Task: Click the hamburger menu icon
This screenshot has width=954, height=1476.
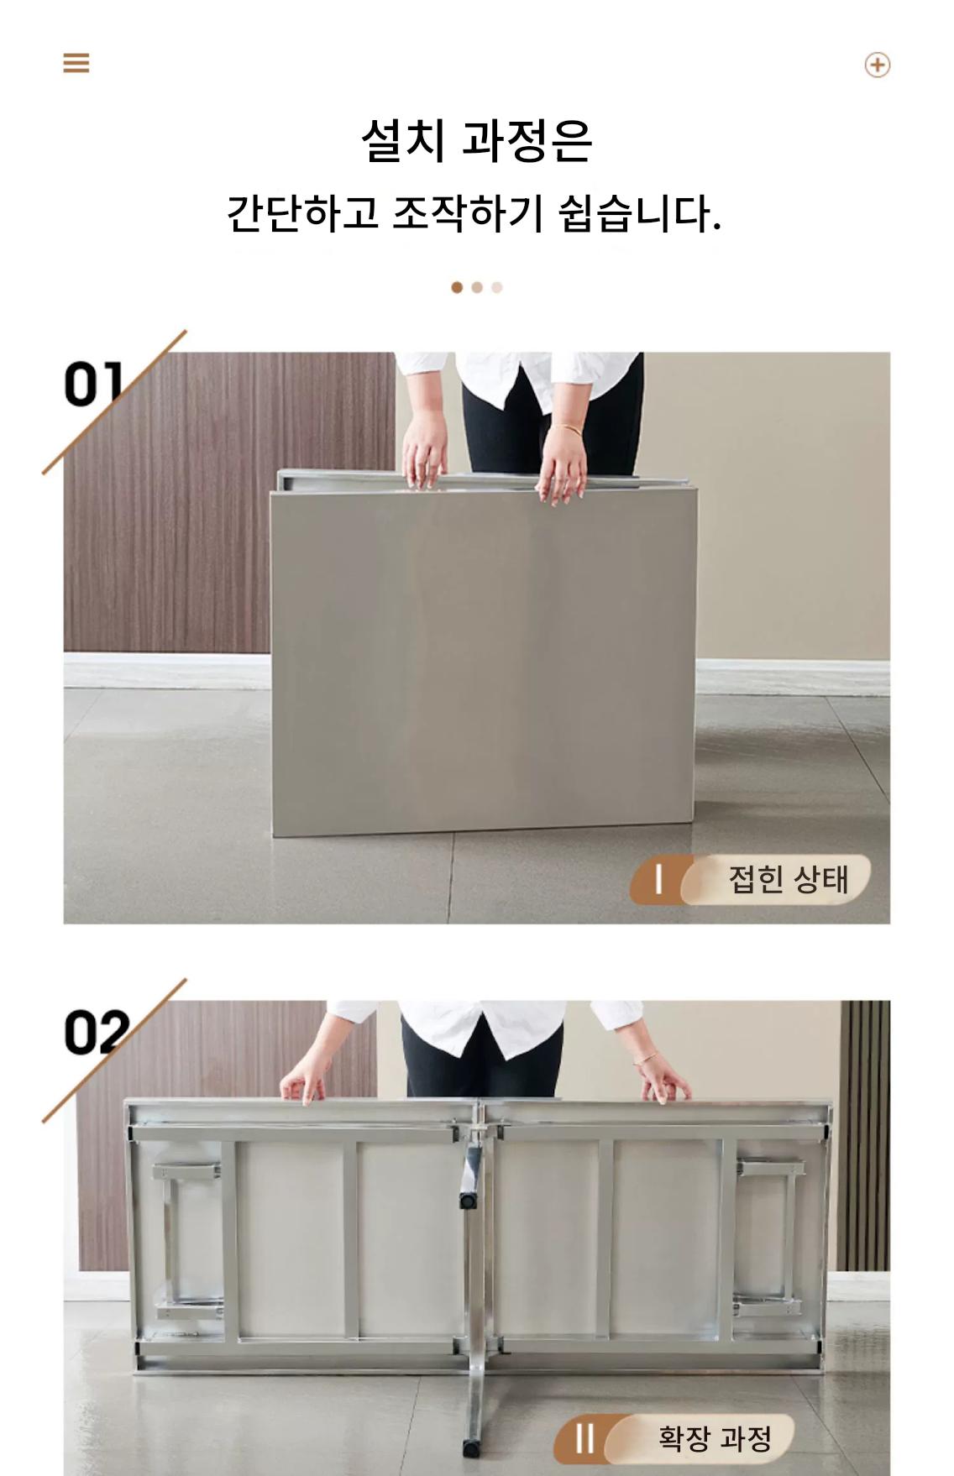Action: pyautogui.click(x=76, y=63)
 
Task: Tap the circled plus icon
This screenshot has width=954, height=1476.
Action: pyautogui.click(x=877, y=65)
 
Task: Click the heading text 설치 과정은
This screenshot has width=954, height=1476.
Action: pyautogui.click(x=477, y=139)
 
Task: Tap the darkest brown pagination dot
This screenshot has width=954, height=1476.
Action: pyautogui.click(x=457, y=287)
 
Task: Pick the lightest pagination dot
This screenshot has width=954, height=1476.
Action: pyautogui.click(x=497, y=287)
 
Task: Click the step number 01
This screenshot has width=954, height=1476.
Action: pyautogui.click(x=93, y=384)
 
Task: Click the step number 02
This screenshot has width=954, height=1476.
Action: pyautogui.click(x=97, y=1032)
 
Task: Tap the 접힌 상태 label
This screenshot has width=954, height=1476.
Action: pyautogui.click(x=789, y=879)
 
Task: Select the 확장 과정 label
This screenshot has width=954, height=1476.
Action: pyautogui.click(x=714, y=1438)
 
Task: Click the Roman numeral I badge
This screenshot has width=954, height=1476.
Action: pyautogui.click(x=659, y=880)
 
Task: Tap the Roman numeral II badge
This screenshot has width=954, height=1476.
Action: pyautogui.click(x=585, y=1438)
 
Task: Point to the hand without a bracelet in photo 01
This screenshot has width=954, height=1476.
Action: pyautogui.click(x=424, y=453)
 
